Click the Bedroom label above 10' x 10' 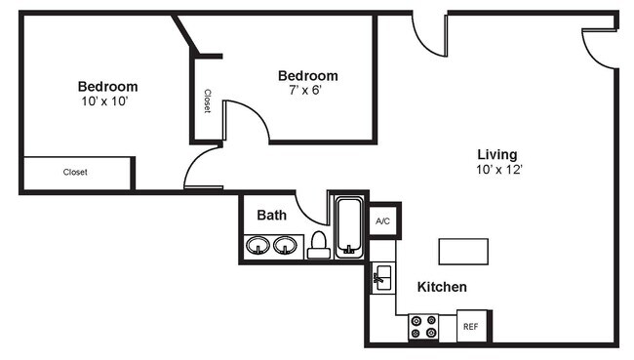[107, 86]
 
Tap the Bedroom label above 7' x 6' [307, 75]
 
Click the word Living [496, 154]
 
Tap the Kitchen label [442, 288]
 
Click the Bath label [271, 215]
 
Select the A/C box [383, 222]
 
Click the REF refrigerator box [470, 327]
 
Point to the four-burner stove [424, 327]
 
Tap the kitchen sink [382, 278]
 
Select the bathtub [349, 227]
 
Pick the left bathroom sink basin [259, 246]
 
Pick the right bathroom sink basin [286, 246]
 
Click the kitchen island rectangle [463, 251]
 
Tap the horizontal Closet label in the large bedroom [75, 173]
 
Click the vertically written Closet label [207, 101]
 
